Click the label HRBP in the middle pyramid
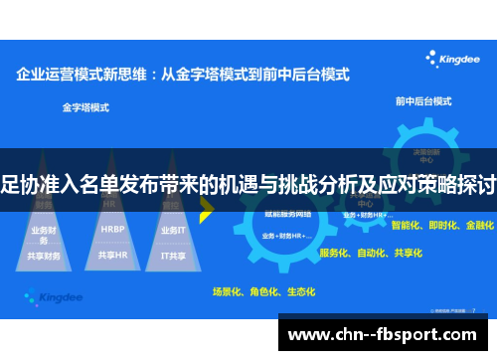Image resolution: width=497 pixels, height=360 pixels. click(113, 229)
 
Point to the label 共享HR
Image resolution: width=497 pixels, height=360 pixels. click(113, 255)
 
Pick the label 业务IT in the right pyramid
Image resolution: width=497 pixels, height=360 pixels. click(171, 230)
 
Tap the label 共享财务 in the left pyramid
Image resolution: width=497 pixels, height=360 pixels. click(45, 255)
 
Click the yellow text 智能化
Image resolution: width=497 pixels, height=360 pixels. click(408, 226)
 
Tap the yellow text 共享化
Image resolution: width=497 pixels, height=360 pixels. click(407, 253)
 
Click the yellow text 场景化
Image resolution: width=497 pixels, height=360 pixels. click(228, 291)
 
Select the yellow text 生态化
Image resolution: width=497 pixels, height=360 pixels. click(299, 291)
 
